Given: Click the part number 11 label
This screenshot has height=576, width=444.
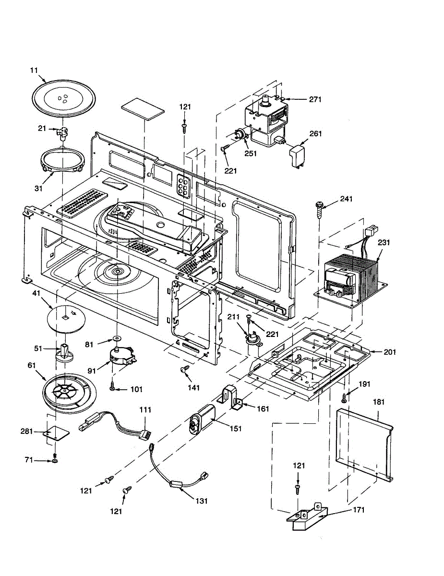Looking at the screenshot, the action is tap(34, 71).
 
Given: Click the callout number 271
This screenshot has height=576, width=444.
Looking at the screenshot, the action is tap(315, 99).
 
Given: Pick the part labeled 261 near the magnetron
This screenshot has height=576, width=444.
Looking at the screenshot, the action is tap(298, 157).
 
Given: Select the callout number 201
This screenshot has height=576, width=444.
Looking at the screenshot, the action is tap(389, 352).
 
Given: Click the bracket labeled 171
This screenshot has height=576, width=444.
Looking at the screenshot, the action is tap(308, 516).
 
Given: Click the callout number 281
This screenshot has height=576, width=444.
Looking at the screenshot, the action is tap(26, 431).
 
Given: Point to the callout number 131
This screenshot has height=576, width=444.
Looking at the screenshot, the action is tap(202, 501).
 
